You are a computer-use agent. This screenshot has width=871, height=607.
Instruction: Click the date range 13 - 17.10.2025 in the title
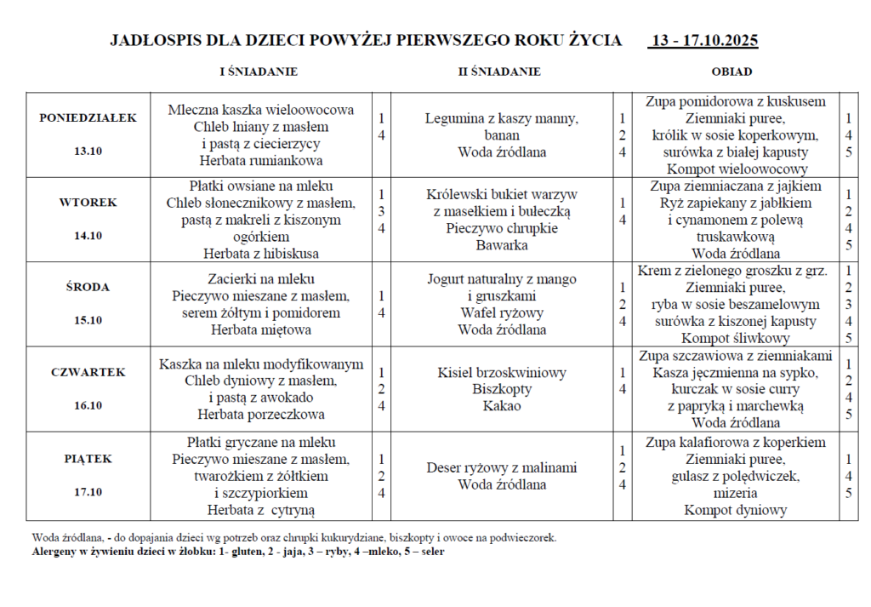703,41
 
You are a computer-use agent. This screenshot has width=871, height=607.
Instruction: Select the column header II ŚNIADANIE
499,72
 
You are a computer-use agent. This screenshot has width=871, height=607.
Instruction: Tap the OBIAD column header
732,72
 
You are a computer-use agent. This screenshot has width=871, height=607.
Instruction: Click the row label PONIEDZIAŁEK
88,118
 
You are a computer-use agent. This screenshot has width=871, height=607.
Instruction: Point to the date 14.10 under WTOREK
88,236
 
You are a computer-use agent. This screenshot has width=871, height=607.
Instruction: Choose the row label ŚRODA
88,287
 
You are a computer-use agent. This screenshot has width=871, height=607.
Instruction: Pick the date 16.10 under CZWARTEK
88,405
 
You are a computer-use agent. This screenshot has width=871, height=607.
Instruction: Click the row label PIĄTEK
88,459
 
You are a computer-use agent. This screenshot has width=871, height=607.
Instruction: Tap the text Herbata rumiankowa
260,160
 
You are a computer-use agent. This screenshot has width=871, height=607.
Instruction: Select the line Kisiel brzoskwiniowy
502,373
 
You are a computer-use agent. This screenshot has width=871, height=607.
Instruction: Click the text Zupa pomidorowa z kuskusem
736,101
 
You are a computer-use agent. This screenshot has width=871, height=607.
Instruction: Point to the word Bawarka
502,245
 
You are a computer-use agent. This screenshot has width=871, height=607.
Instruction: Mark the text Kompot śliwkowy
736,338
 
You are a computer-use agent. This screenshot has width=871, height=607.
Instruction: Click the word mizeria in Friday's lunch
736,493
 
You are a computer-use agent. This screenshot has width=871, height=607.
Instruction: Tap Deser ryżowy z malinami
502,467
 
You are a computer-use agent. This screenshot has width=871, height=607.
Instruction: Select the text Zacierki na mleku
260,278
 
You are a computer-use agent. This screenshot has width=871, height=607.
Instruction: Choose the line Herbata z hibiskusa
260,253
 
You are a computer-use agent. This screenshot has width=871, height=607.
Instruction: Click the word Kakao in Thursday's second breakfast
502,406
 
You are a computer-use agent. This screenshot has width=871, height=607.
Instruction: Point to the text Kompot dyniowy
736,510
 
